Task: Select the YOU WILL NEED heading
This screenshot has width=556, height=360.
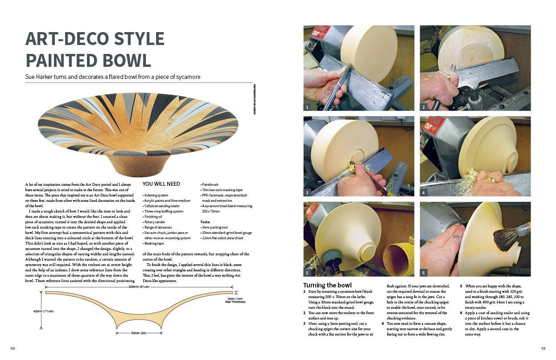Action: [161, 184]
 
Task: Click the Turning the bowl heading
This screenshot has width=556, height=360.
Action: [327, 285]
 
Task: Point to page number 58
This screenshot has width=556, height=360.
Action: [12, 348]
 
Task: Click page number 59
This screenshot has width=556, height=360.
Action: [544, 348]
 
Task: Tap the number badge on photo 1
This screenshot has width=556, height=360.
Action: [307, 107]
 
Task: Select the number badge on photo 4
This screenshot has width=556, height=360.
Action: [424, 192]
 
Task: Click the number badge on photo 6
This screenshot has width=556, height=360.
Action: [424, 273]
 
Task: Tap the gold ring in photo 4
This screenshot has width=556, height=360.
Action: [490, 180]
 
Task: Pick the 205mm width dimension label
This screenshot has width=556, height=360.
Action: [139, 287]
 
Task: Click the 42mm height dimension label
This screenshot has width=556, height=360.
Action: [43, 311]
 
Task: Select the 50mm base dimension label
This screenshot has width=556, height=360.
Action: [139, 333]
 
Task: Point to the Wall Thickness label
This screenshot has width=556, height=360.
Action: [235, 302]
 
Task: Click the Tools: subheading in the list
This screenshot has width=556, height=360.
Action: [205, 222]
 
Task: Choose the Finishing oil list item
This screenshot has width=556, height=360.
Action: [153, 217]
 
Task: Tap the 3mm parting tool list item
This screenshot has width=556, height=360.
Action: [214, 227]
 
